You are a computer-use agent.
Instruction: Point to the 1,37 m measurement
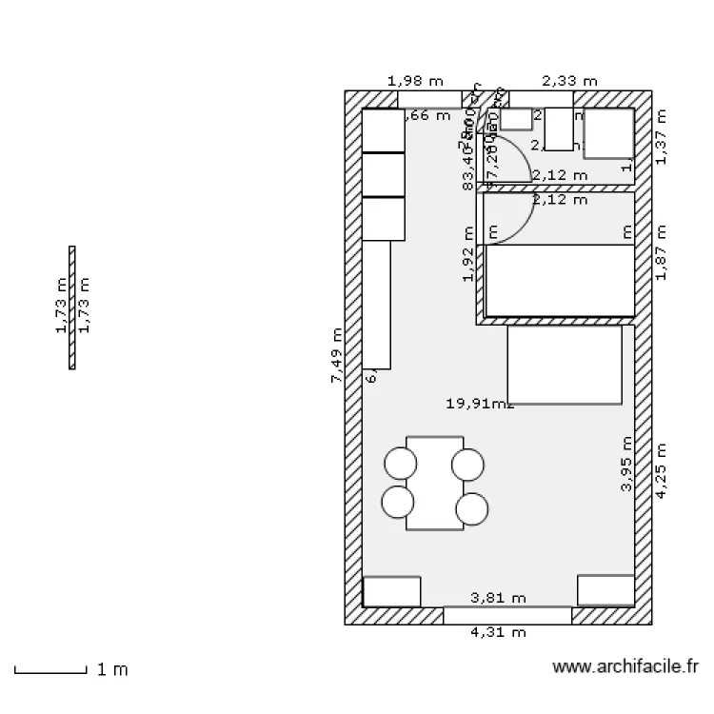click(663, 135)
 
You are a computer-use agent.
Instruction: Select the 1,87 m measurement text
click(663, 252)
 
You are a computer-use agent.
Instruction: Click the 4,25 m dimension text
click(663, 469)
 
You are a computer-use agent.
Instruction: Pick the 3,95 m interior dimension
click(625, 464)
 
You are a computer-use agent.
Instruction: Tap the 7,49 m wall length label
click(336, 355)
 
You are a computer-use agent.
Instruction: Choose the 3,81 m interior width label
click(499, 598)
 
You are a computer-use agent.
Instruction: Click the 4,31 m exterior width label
click(499, 632)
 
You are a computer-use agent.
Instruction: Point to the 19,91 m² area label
click(480, 403)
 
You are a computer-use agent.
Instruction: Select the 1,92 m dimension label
click(467, 254)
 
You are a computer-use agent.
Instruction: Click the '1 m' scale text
click(112, 669)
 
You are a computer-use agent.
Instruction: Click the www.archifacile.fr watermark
click(625, 668)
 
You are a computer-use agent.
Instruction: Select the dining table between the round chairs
click(434, 483)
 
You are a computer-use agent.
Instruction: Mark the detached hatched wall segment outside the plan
click(72, 307)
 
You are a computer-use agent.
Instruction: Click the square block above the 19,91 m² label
click(564, 365)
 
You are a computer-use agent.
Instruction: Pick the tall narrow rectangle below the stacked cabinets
click(377, 304)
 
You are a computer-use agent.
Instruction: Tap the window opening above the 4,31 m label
click(507, 615)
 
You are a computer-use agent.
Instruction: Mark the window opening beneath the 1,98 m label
click(429, 99)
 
